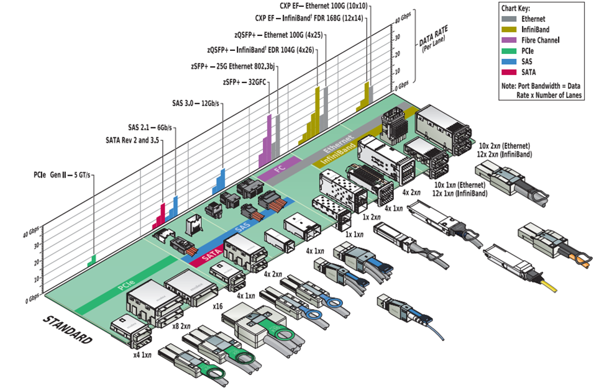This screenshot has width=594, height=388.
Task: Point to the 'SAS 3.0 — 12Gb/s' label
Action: coord(197,103)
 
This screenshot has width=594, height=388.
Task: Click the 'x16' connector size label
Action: coord(217,306)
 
